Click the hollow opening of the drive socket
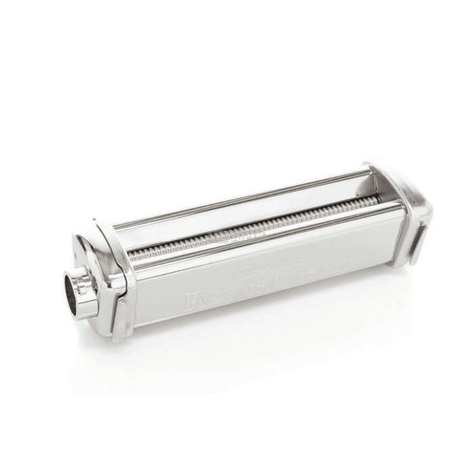point(71,290)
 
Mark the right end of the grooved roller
point(376,200)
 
